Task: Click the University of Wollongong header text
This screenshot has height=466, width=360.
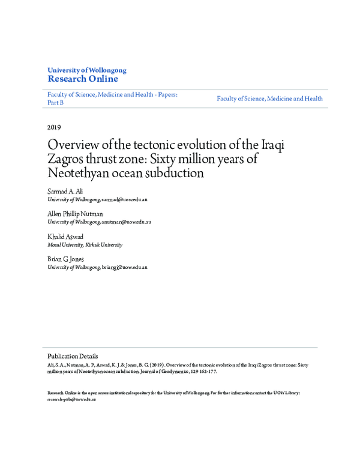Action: (x=86, y=70)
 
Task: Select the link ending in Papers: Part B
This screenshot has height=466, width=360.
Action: (x=112, y=98)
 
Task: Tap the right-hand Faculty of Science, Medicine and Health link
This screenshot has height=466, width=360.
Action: (x=269, y=98)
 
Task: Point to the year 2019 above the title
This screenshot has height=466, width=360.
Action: (x=53, y=127)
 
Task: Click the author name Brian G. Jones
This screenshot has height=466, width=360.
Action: (x=66, y=259)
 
